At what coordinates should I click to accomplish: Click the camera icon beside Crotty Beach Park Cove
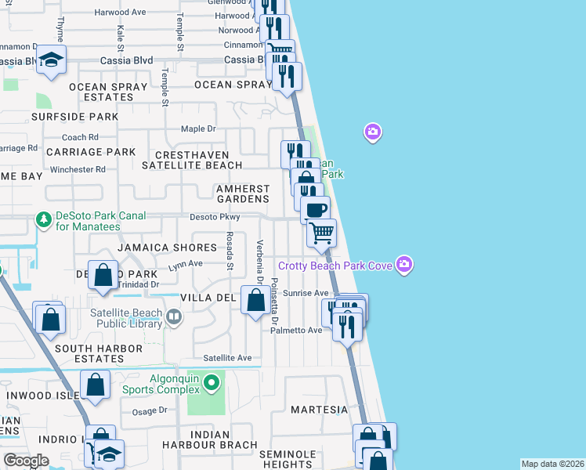[x=404, y=265]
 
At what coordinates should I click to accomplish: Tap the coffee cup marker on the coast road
[x=316, y=210]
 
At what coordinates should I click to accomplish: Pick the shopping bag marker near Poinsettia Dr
[x=255, y=300]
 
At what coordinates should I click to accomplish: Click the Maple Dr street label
[x=198, y=128]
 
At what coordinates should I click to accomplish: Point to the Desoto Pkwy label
[x=214, y=217]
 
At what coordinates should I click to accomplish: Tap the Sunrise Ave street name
[x=310, y=293]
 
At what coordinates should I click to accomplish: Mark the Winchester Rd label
[x=78, y=169]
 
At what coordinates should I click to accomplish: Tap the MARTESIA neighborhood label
[x=319, y=410]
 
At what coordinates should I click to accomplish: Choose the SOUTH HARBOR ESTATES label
[x=78, y=353]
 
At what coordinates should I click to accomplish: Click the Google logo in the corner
[x=26, y=461]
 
